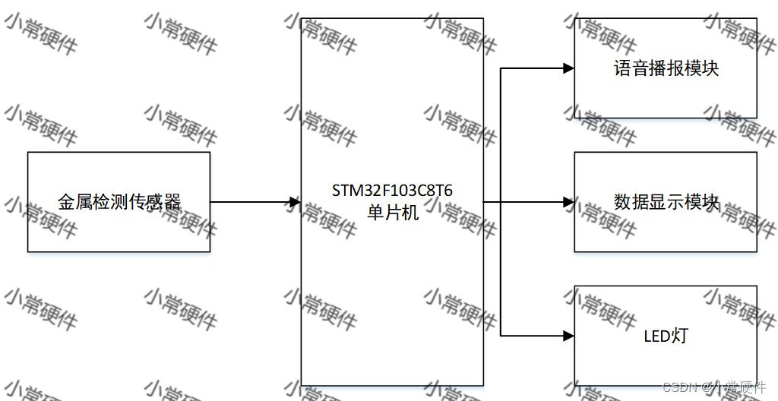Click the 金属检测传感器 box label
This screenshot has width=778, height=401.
tap(119, 202)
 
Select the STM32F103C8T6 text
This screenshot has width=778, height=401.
tap(392, 190)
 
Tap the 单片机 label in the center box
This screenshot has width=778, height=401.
tap(392, 213)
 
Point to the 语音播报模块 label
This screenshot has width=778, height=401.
tap(666, 68)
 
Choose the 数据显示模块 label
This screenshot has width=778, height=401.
tap(666, 202)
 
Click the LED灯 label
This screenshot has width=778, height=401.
tap(665, 335)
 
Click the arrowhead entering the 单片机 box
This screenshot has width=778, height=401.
tap(296, 202)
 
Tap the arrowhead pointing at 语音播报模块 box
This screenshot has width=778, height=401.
tap(568, 68)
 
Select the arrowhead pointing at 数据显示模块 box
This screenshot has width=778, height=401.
tap(568, 202)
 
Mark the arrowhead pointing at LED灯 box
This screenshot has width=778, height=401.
tap(568, 335)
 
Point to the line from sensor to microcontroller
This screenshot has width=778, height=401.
tap(251, 202)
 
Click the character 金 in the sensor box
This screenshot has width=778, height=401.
tap(66, 202)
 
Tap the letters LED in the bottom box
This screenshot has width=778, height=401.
tap(656, 335)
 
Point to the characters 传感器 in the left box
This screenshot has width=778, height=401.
tap(163, 202)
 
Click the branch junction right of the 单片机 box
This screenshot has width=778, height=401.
tap(501, 202)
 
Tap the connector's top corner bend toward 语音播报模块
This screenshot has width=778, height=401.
tap(501, 68)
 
